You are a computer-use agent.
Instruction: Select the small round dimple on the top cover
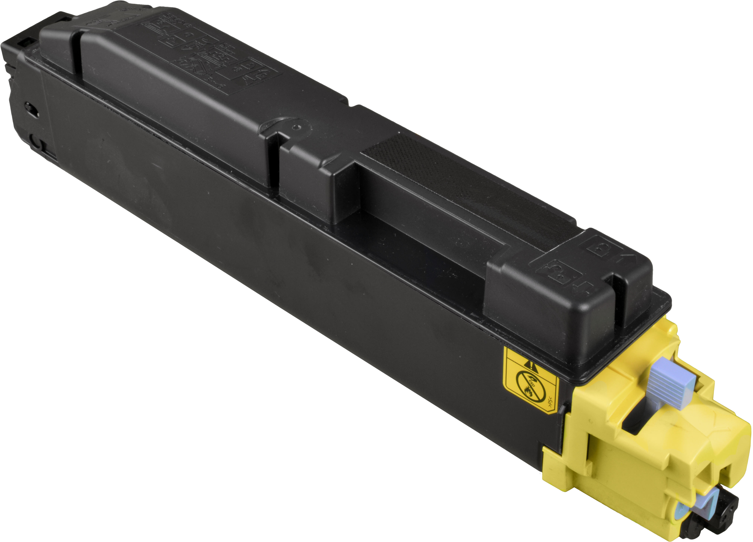(297, 126)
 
